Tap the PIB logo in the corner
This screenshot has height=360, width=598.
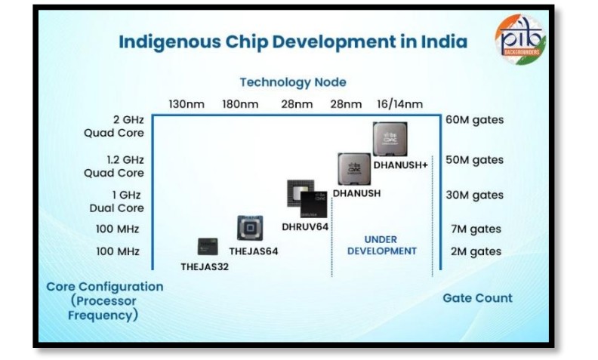click(x=519, y=38)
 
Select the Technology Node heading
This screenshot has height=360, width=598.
click(x=293, y=82)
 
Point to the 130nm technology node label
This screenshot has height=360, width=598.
click(x=185, y=104)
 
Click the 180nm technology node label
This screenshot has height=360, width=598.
click(x=239, y=104)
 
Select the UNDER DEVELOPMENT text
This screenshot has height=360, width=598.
click(x=381, y=245)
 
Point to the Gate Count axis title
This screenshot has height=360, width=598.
click(x=477, y=297)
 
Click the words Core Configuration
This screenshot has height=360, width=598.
click(x=104, y=287)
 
